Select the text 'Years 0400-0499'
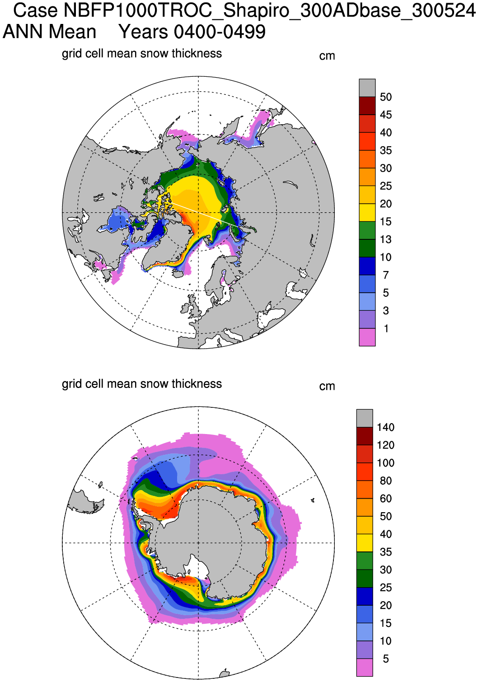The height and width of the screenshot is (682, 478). tap(192, 32)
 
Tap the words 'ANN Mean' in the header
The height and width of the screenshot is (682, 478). tap(50, 32)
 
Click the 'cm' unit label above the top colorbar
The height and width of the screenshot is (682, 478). tap(327, 56)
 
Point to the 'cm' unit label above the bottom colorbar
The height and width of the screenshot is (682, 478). tap(327, 386)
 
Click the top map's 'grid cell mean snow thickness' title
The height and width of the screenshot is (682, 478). tap(142, 54)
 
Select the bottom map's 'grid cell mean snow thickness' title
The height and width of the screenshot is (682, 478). tap(142, 384)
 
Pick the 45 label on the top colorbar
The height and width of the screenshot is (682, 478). tap(386, 115)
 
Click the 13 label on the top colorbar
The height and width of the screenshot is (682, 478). tap(386, 239)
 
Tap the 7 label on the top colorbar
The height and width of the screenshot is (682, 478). tap(386, 275)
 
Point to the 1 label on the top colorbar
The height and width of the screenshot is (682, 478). tap(386, 328)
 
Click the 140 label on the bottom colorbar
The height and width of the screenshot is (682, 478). tap(386, 427)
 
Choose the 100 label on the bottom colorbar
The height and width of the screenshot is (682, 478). tap(386, 463)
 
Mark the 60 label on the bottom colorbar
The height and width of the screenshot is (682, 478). tap(386, 499)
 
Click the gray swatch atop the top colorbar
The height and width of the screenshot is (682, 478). tap(367, 88)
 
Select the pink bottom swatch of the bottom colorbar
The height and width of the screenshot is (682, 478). tap(365, 667)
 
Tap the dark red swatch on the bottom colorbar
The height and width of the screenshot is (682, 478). tap(365, 436)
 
